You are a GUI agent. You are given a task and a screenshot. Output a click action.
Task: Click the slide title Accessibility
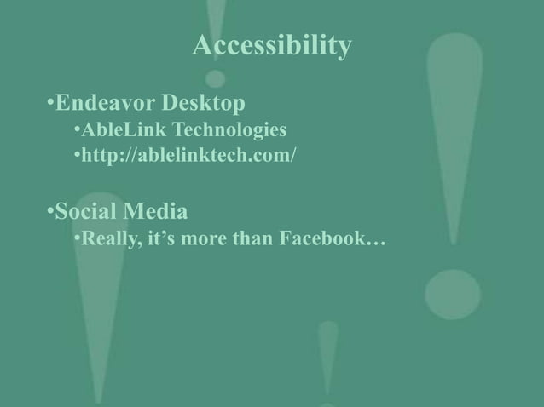click(x=271, y=47)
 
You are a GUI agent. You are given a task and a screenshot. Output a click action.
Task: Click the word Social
click(x=86, y=209)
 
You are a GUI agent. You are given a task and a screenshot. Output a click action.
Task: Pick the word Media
click(x=154, y=209)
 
